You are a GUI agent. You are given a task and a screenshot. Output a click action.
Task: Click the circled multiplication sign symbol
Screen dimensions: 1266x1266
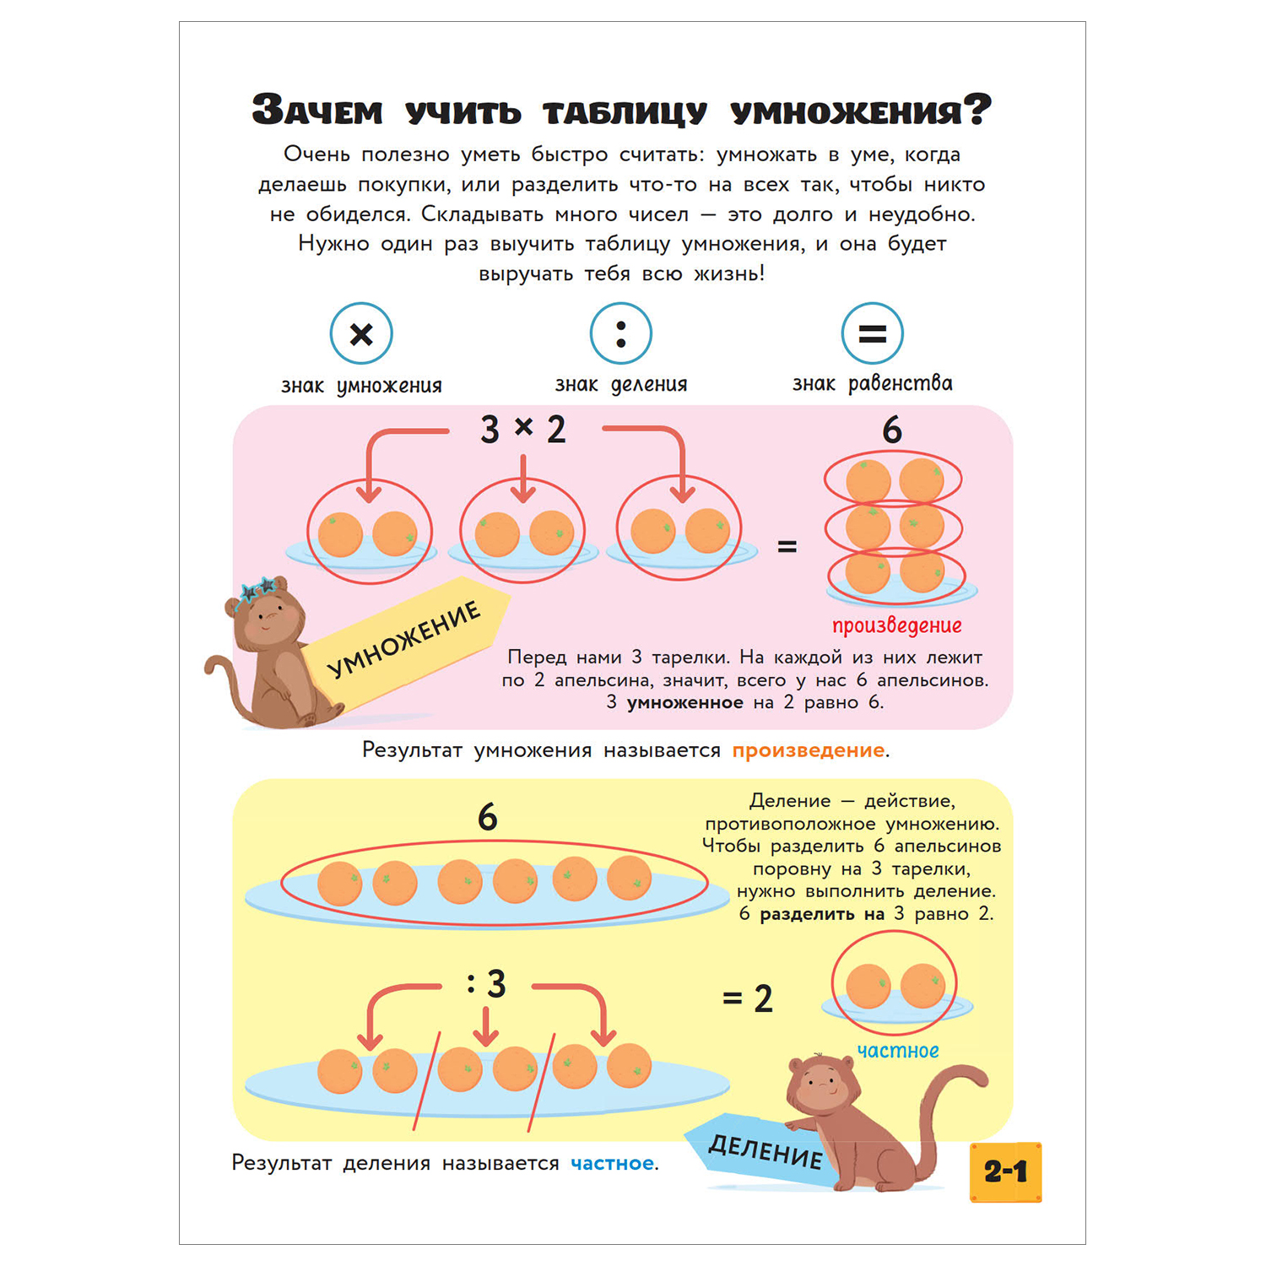(x=361, y=334)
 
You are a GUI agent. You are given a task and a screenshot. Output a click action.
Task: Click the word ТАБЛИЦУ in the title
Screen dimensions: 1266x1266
(x=625, y=112)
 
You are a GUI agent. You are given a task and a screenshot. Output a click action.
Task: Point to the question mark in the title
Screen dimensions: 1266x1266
(x=977, y=110)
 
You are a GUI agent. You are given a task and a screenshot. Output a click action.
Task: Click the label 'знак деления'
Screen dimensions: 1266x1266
(x=620, y=385)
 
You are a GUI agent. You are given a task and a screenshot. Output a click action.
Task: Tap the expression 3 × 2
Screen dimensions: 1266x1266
(x=523, y=429)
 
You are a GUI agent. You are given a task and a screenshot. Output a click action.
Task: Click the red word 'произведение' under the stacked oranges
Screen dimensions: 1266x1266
(x=896, y=625)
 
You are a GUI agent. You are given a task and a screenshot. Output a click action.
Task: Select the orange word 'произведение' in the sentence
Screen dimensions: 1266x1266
(x=809, y=750)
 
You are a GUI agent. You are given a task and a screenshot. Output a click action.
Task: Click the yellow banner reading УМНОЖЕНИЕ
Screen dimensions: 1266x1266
(x=405, y=640)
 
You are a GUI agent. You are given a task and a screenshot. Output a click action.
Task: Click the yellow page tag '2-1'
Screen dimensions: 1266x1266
(x=1005, y=1171)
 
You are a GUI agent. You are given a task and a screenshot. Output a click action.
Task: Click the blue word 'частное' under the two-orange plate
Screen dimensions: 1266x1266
(x=897, y=1051)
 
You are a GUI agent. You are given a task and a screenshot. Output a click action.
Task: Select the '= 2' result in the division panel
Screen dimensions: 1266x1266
(x=748, y=999)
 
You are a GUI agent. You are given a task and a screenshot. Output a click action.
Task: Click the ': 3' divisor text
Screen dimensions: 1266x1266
(x=486, y=984)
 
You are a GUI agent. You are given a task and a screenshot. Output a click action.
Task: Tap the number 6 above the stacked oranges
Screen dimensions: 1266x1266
(x=892, y=430)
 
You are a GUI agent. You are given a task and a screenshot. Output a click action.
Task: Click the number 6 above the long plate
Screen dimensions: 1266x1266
(x=487, y=817)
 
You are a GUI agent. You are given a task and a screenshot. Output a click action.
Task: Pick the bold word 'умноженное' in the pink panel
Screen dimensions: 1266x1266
(x=684, y=703)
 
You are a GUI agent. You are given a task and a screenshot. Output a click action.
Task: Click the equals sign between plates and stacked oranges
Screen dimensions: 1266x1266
(x=787, y=547)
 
